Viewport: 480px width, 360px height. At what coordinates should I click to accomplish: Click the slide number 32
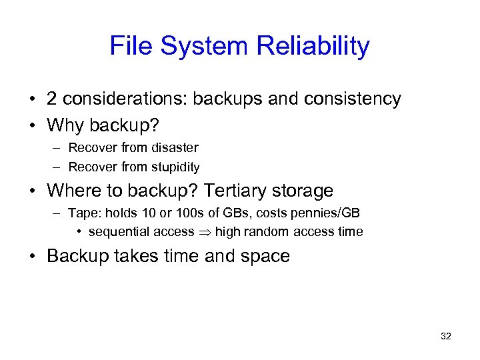[446, 337]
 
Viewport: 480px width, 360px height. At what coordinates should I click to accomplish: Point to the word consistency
[353, 99]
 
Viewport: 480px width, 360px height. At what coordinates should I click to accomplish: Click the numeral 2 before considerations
[51, 99]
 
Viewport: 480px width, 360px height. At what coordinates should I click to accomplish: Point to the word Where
[73, 191]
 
